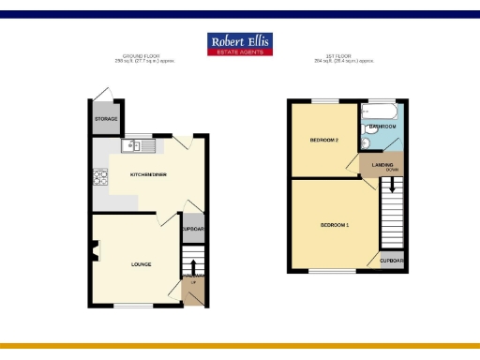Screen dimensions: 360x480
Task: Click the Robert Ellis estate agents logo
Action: (x=240, y=44)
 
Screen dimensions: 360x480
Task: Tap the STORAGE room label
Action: (x=104, y=119)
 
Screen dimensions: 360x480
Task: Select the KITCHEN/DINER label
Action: (x=149, y=175)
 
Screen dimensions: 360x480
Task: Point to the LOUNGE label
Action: (x=142, y=264)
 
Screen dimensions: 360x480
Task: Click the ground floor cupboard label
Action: (x=193, y=230)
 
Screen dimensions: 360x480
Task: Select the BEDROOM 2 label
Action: (x=323, y=141)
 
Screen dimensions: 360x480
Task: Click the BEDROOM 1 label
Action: (x=335, y=226)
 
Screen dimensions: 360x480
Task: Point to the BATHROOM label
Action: (x=382, y=126)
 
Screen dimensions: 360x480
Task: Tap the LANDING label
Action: (x=382, y=165)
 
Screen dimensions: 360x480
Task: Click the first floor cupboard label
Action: (x=393, y=260)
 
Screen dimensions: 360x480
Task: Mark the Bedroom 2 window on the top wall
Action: (x=325, y=100)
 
